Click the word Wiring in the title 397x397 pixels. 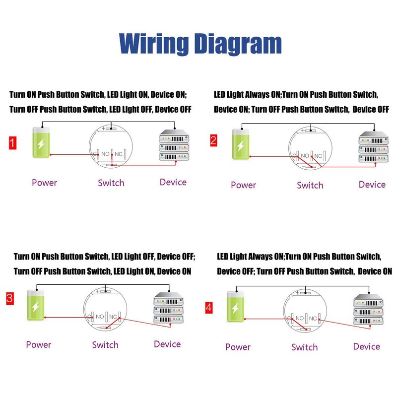tap(154, 44)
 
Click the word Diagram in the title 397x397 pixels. tap(238, 44)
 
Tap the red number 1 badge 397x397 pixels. tap(13, 143)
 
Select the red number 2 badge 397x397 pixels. tap(213, 140)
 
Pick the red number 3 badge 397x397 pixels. tap(10, 299)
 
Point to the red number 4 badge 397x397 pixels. tap(209, 308)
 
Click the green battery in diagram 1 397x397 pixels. tap(41, 142)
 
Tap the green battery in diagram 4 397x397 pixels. tap(235, 307)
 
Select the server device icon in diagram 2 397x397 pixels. tap(374, 147)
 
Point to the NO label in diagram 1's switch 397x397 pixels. tap(105, 154)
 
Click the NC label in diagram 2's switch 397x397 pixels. tap(318, 156)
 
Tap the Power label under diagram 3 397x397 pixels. tap(39, 344)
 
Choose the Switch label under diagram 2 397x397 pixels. tap(310, 185)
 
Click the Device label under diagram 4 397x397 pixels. tap(367, 346)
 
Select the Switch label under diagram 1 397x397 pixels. tap(111, 183)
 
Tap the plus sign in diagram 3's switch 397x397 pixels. tap(98, 291)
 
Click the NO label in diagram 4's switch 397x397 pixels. tap(300, 318)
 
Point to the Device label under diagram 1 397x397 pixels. tap(173, 182)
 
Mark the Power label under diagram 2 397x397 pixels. tap(244, 185)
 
